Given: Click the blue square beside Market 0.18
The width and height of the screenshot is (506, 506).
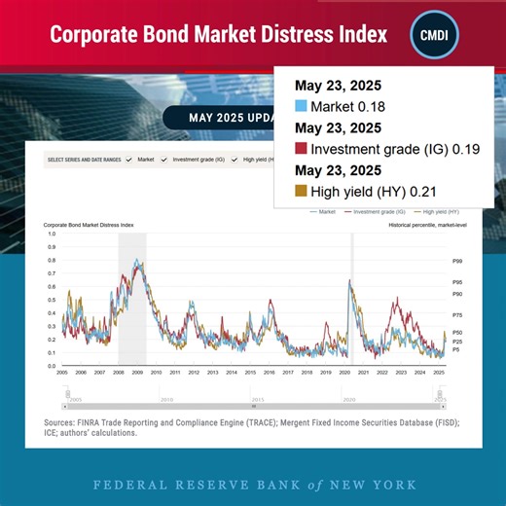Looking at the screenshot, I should (x=301, y=105).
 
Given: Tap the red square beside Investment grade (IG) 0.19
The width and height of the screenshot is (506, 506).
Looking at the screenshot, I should (x=301, y=148).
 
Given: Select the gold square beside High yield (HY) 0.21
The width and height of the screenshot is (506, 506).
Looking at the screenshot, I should (x=301, y=191).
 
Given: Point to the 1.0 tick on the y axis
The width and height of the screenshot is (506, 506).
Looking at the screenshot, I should (x=52, y=235).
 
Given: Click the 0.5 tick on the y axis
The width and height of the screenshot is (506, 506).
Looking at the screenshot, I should (x=52, y=301).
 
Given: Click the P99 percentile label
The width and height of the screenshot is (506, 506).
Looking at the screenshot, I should (x=457, y=261).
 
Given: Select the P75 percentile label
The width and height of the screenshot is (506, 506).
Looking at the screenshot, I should (x=457, y=315).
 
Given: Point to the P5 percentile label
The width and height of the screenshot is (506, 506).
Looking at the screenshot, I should (x=456, y=349).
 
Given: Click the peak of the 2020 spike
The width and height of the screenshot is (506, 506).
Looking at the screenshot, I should (x=349, y=281).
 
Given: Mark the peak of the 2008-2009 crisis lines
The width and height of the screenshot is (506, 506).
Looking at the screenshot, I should (x=138, y=260).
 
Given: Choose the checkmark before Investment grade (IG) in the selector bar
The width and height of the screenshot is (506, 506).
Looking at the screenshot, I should (x=165, y=159).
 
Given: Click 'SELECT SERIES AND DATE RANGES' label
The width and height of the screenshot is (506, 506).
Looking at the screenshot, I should (x=84, y=159).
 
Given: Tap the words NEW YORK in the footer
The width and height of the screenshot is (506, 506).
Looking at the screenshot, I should (x=374, y=484).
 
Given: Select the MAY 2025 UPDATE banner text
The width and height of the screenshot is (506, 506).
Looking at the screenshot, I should (x=224, y=118).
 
